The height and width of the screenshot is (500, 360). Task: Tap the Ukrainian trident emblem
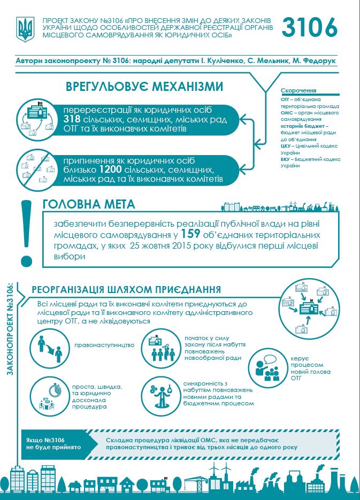point(25,30)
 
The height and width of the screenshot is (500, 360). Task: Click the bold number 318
point(72,119)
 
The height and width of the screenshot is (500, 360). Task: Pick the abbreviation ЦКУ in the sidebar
point(286,145)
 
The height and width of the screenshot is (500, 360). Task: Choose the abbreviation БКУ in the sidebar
point(286,159)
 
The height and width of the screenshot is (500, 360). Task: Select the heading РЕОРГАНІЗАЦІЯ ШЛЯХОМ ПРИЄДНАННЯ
point(127,290)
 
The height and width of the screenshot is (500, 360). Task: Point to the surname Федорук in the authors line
point(320,61)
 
